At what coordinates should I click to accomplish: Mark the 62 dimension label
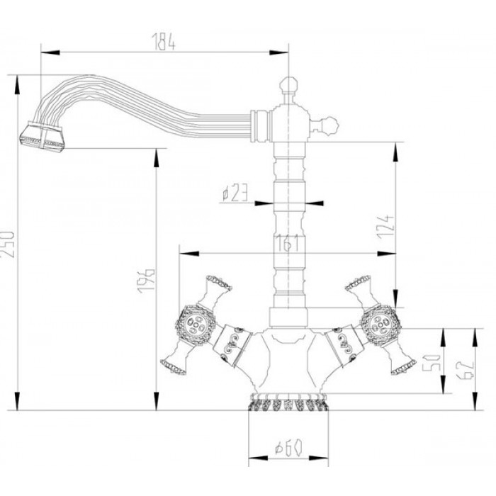click(x=463, y=368)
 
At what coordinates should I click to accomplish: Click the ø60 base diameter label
click(x=288, y=448)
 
